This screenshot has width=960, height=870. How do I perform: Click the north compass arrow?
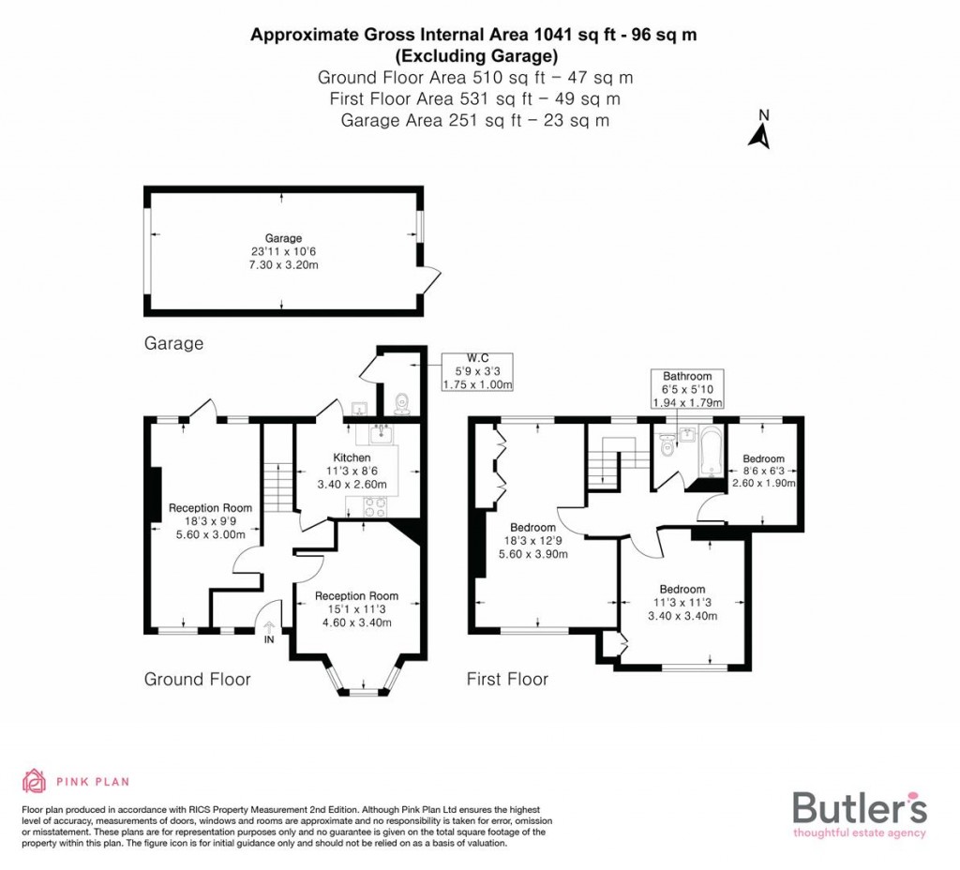(x=759, y=132)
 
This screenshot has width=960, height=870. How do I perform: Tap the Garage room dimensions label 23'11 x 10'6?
(x=283, y=252)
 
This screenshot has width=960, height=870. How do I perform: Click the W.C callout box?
(x=477, y=371)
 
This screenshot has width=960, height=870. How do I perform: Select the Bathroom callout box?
(x=688, y=389)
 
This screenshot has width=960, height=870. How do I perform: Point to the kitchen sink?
(x=381, y=434)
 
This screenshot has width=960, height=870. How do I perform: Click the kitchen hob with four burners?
(x=374, y=505)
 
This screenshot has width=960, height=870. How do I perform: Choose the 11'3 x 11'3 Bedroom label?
(x=682, y=602)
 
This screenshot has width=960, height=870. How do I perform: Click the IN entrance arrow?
(x=270, y=630)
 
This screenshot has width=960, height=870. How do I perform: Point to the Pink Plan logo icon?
(x=34, y=781)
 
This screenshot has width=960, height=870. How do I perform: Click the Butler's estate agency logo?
(x=860, y=812)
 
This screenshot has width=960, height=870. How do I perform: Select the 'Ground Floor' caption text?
(x=197, y=679)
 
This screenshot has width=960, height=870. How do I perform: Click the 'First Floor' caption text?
(x=507, y=679)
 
